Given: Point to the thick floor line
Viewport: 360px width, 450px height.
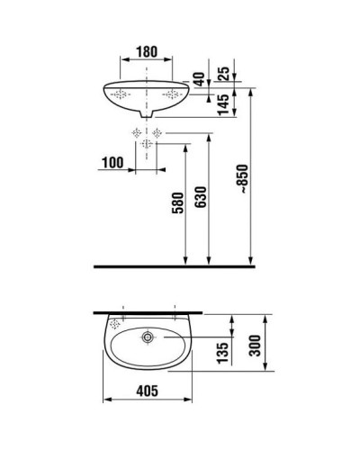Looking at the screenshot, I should coord(171,266).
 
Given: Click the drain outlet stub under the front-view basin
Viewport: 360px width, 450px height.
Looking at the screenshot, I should coord(147,113).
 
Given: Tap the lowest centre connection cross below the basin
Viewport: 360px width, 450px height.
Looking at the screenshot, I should coord(147,145).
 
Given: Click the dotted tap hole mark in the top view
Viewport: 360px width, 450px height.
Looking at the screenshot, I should coord(115,320).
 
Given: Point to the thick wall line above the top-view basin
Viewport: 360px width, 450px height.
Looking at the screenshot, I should coord(148,310).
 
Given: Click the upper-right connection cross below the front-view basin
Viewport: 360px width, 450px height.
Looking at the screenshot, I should coord(157,134).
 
